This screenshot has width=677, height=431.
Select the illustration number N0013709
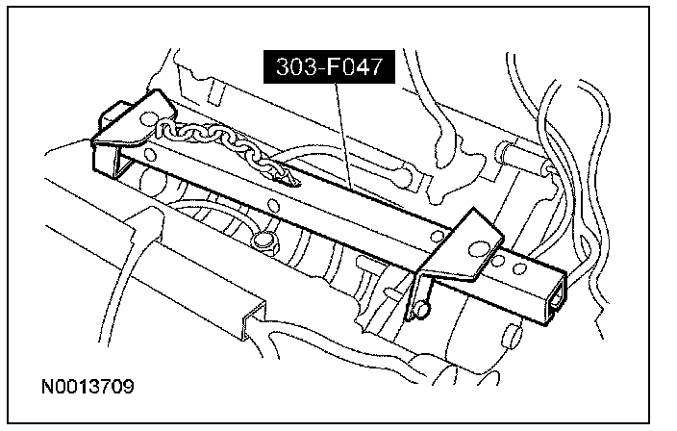pos(88,389)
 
